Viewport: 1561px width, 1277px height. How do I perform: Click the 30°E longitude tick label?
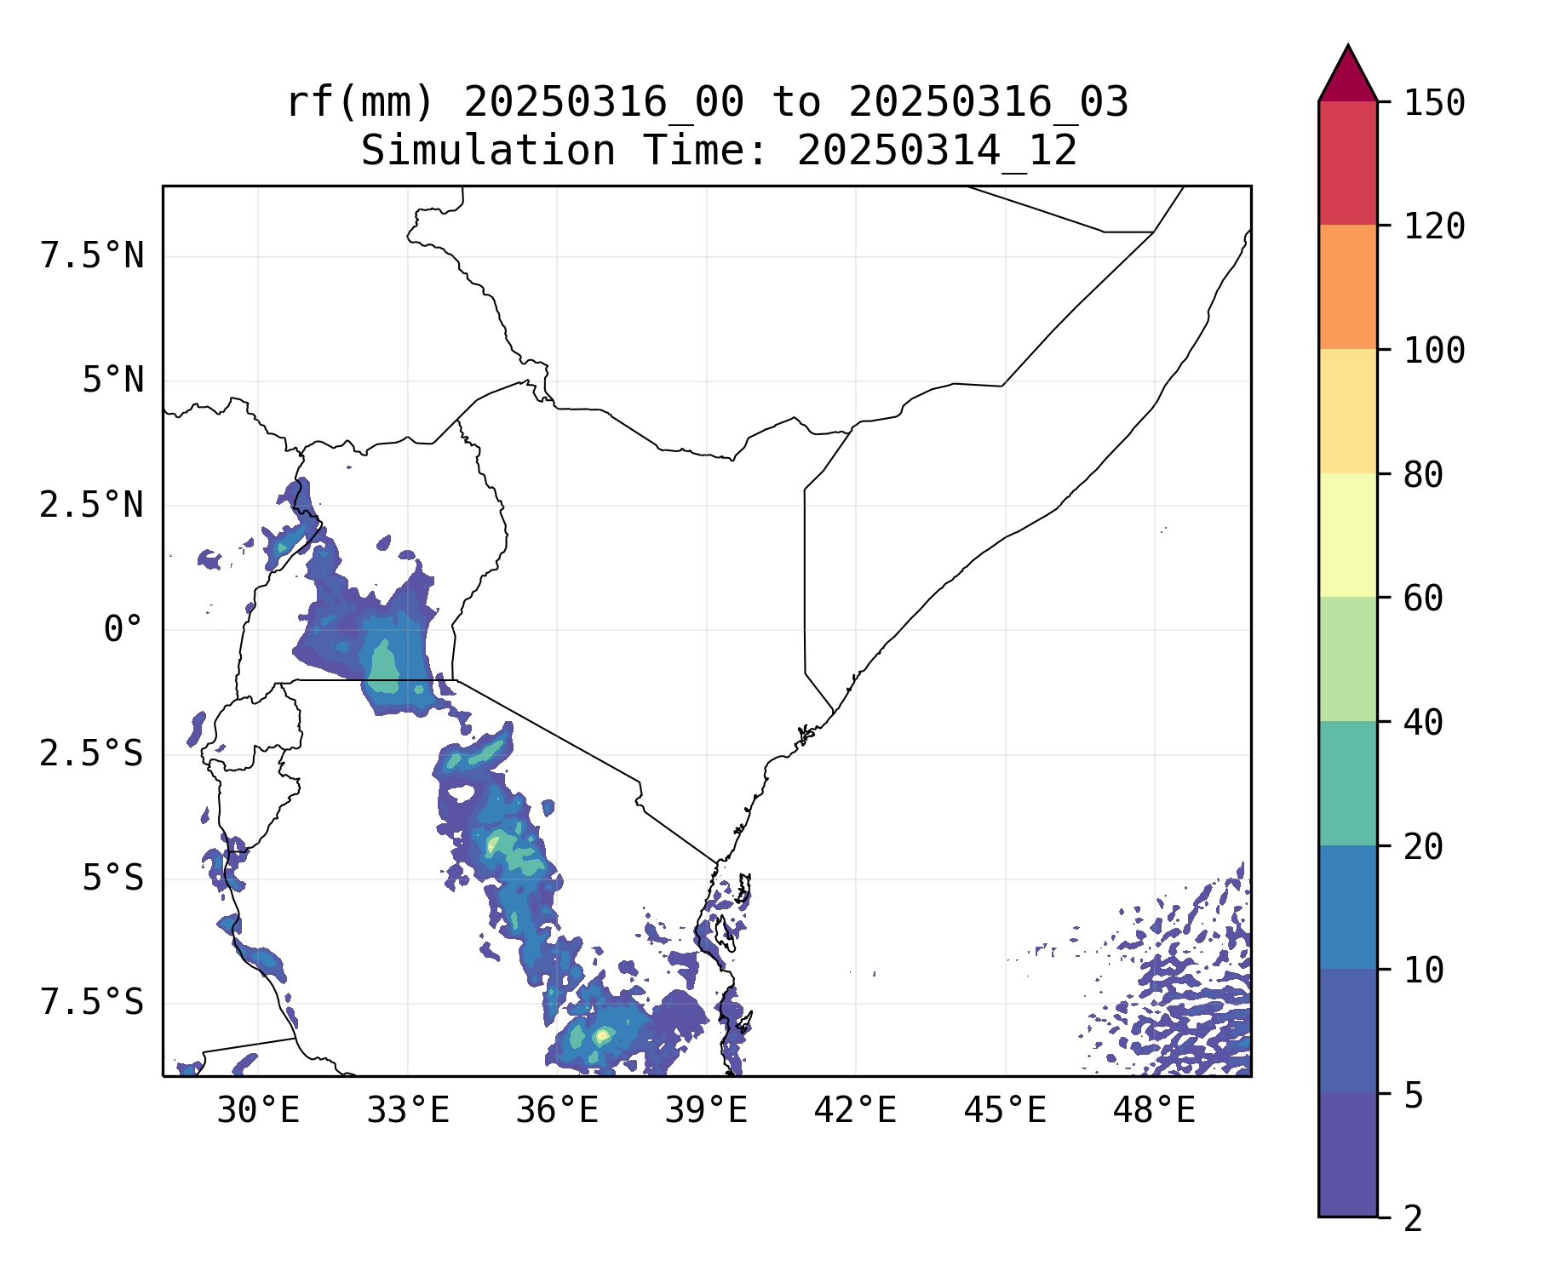[258, 1111]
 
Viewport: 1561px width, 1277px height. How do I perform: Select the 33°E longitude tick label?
[408, 1111]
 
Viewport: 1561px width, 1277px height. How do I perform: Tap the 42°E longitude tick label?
[855, 1111]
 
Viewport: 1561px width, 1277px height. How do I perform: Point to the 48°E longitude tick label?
[1154, 1111]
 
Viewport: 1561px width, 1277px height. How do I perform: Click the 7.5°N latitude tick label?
[92, 255]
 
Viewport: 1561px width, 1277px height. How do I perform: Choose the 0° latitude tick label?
[123, 630]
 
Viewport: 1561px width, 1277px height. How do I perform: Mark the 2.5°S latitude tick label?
[92, 754]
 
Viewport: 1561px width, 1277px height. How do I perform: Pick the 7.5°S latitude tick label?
[92, 1003]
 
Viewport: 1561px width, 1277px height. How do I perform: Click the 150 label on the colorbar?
[1434, 104]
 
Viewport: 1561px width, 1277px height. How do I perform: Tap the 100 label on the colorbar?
[1434, 351]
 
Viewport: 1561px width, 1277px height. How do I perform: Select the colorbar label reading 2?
[1413, 1219]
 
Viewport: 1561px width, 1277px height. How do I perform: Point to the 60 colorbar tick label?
[1423, 598]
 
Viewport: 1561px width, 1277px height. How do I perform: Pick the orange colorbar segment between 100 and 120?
[1347, 287]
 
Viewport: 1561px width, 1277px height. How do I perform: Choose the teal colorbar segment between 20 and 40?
[1347, 783]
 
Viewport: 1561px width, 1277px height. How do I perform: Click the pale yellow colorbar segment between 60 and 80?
[1347, 535]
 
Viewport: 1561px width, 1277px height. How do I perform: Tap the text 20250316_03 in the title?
[988, 102]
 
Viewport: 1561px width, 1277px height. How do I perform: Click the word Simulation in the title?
[488, 151]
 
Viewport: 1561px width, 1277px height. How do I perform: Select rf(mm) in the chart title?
[360, 102]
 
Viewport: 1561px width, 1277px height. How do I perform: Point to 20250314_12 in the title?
[937, 151]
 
